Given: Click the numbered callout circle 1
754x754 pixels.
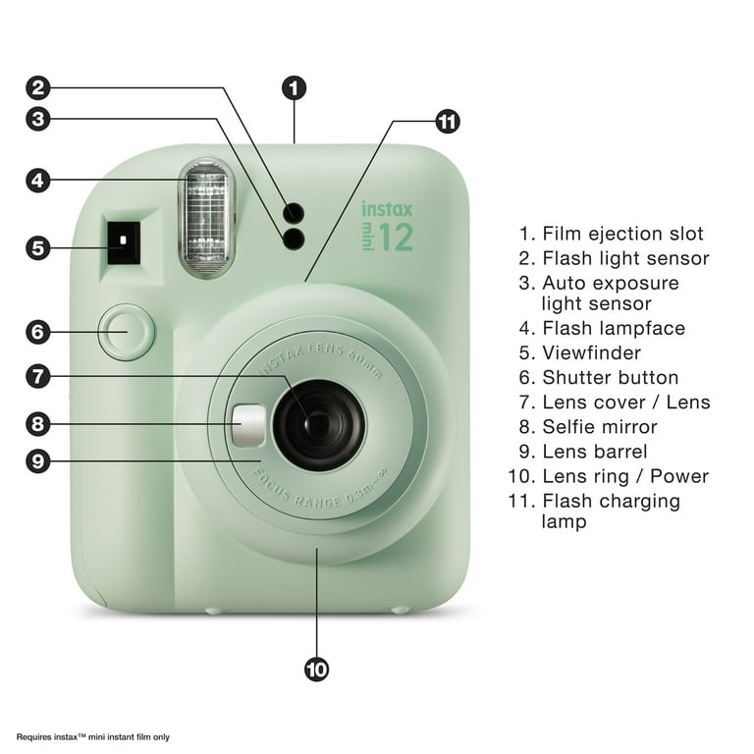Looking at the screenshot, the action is (x=294, y=88).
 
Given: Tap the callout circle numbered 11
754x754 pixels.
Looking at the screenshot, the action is (x=448, y=121).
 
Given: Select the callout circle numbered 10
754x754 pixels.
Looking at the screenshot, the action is (x=316, y=670).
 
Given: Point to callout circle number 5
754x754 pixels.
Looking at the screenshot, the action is (x=38, y=248).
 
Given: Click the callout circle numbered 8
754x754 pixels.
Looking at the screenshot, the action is (x=38, y=424).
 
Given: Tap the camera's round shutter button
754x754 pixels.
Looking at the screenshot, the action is (x=126, y=332).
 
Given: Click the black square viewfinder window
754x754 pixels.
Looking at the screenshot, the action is (x=124, y=242).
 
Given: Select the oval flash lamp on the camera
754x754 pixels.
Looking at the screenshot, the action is (x=206, y=218).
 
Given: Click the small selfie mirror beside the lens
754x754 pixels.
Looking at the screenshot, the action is (x=248, y=425).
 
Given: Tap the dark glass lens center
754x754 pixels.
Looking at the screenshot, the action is (x=318, y=424).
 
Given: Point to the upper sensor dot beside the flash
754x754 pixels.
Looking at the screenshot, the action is (x=294, y=212).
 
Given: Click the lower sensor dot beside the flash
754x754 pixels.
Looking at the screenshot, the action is (x=294, y=239).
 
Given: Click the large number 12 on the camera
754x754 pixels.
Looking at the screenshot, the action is (x=396, y=237).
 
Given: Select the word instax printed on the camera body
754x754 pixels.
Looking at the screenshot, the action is (x=387, y=209).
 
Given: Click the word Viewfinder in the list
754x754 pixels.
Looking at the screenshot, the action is (x=591, y=353).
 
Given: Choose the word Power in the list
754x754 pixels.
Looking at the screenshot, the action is (x=679, y=476).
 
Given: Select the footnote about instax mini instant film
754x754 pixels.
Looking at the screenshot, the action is (x=93, y=736).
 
